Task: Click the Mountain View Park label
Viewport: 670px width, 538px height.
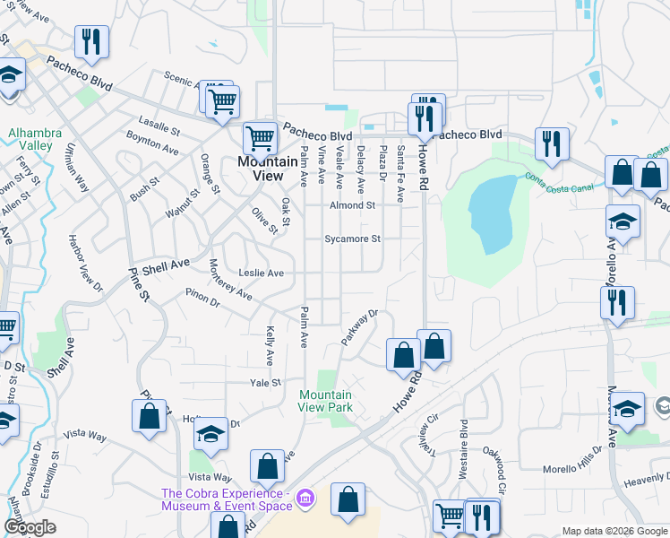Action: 325,401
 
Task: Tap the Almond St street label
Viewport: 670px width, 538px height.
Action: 352,205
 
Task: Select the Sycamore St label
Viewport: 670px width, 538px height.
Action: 353,239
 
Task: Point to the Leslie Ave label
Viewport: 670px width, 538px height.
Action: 262,273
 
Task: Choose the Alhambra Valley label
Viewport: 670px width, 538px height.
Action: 35,139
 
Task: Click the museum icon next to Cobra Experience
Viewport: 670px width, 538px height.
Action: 305,497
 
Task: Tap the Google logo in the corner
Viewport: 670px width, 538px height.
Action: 30,527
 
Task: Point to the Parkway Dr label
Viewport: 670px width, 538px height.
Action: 360,328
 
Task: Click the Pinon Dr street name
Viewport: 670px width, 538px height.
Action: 202,297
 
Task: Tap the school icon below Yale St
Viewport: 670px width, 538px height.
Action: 211,433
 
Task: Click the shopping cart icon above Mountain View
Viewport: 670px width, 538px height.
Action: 260,138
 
